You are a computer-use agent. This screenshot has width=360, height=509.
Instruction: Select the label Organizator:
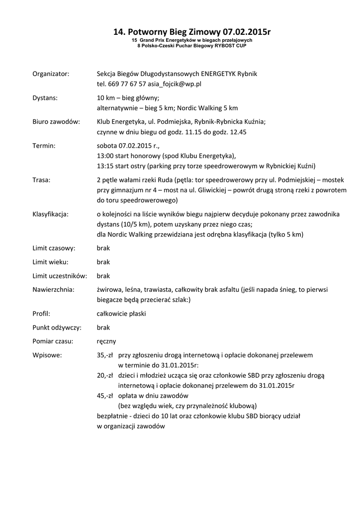click(x=51, y=74)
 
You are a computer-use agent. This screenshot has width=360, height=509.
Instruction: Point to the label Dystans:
click(x=45, y=97)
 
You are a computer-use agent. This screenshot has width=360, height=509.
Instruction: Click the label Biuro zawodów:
click(x=56, y=122)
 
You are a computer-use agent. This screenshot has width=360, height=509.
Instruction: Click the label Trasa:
click(x=41, y=180)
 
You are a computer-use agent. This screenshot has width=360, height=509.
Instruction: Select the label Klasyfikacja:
click(x=51, y=214)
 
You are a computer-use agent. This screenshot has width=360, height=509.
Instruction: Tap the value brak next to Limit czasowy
click(x=103, y=248)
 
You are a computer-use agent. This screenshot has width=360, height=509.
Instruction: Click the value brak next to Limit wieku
click(x=103, y=261)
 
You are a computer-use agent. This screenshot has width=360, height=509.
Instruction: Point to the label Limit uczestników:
click(x=60, y=275)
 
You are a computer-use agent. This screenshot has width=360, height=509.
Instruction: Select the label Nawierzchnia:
click(x=53, y=289)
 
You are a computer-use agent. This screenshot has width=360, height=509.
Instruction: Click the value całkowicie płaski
click(x=121, y=314)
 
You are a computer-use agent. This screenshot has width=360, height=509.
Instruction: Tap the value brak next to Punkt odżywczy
click(x=103, y=328)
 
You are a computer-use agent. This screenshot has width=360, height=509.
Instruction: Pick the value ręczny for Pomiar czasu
click(x=106, y=341)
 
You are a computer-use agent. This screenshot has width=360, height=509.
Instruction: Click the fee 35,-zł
click(x=105, y=355)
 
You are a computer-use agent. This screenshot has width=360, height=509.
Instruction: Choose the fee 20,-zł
click(x=105, y=375)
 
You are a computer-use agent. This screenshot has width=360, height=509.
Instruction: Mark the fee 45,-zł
click(x=105, y=396)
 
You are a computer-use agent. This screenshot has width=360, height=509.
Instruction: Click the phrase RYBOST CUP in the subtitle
click(x=231, y=45)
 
